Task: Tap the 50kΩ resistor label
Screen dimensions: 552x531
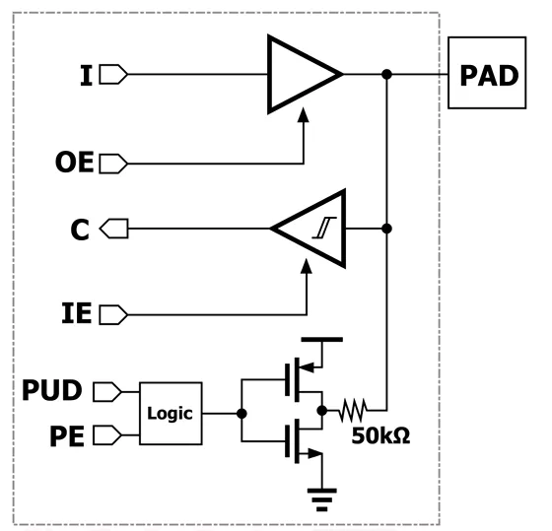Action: tap(380, 435)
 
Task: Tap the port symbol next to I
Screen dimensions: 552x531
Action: tap(113, 74)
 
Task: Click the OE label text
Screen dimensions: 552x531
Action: tap(75, 162)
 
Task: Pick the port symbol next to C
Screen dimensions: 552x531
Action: tap(114, 229)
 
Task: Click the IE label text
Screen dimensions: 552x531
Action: tap(77, 313)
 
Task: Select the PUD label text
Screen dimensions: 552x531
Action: tap(52, 390)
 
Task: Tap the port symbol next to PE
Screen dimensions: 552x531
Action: tap(107, 435)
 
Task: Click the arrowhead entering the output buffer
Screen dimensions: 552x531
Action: tap(304, 114)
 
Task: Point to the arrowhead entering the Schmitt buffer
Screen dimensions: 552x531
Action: tap(307, 266)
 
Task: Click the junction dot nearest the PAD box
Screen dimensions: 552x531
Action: tap(386, 74)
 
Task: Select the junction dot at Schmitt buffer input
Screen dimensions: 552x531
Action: tap(386, 229)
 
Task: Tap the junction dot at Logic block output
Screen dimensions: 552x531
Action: tap(241, 414)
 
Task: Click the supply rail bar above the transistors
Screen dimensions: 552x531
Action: tap(321, 340)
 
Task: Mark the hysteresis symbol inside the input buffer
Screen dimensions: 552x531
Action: tap(324, 228)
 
